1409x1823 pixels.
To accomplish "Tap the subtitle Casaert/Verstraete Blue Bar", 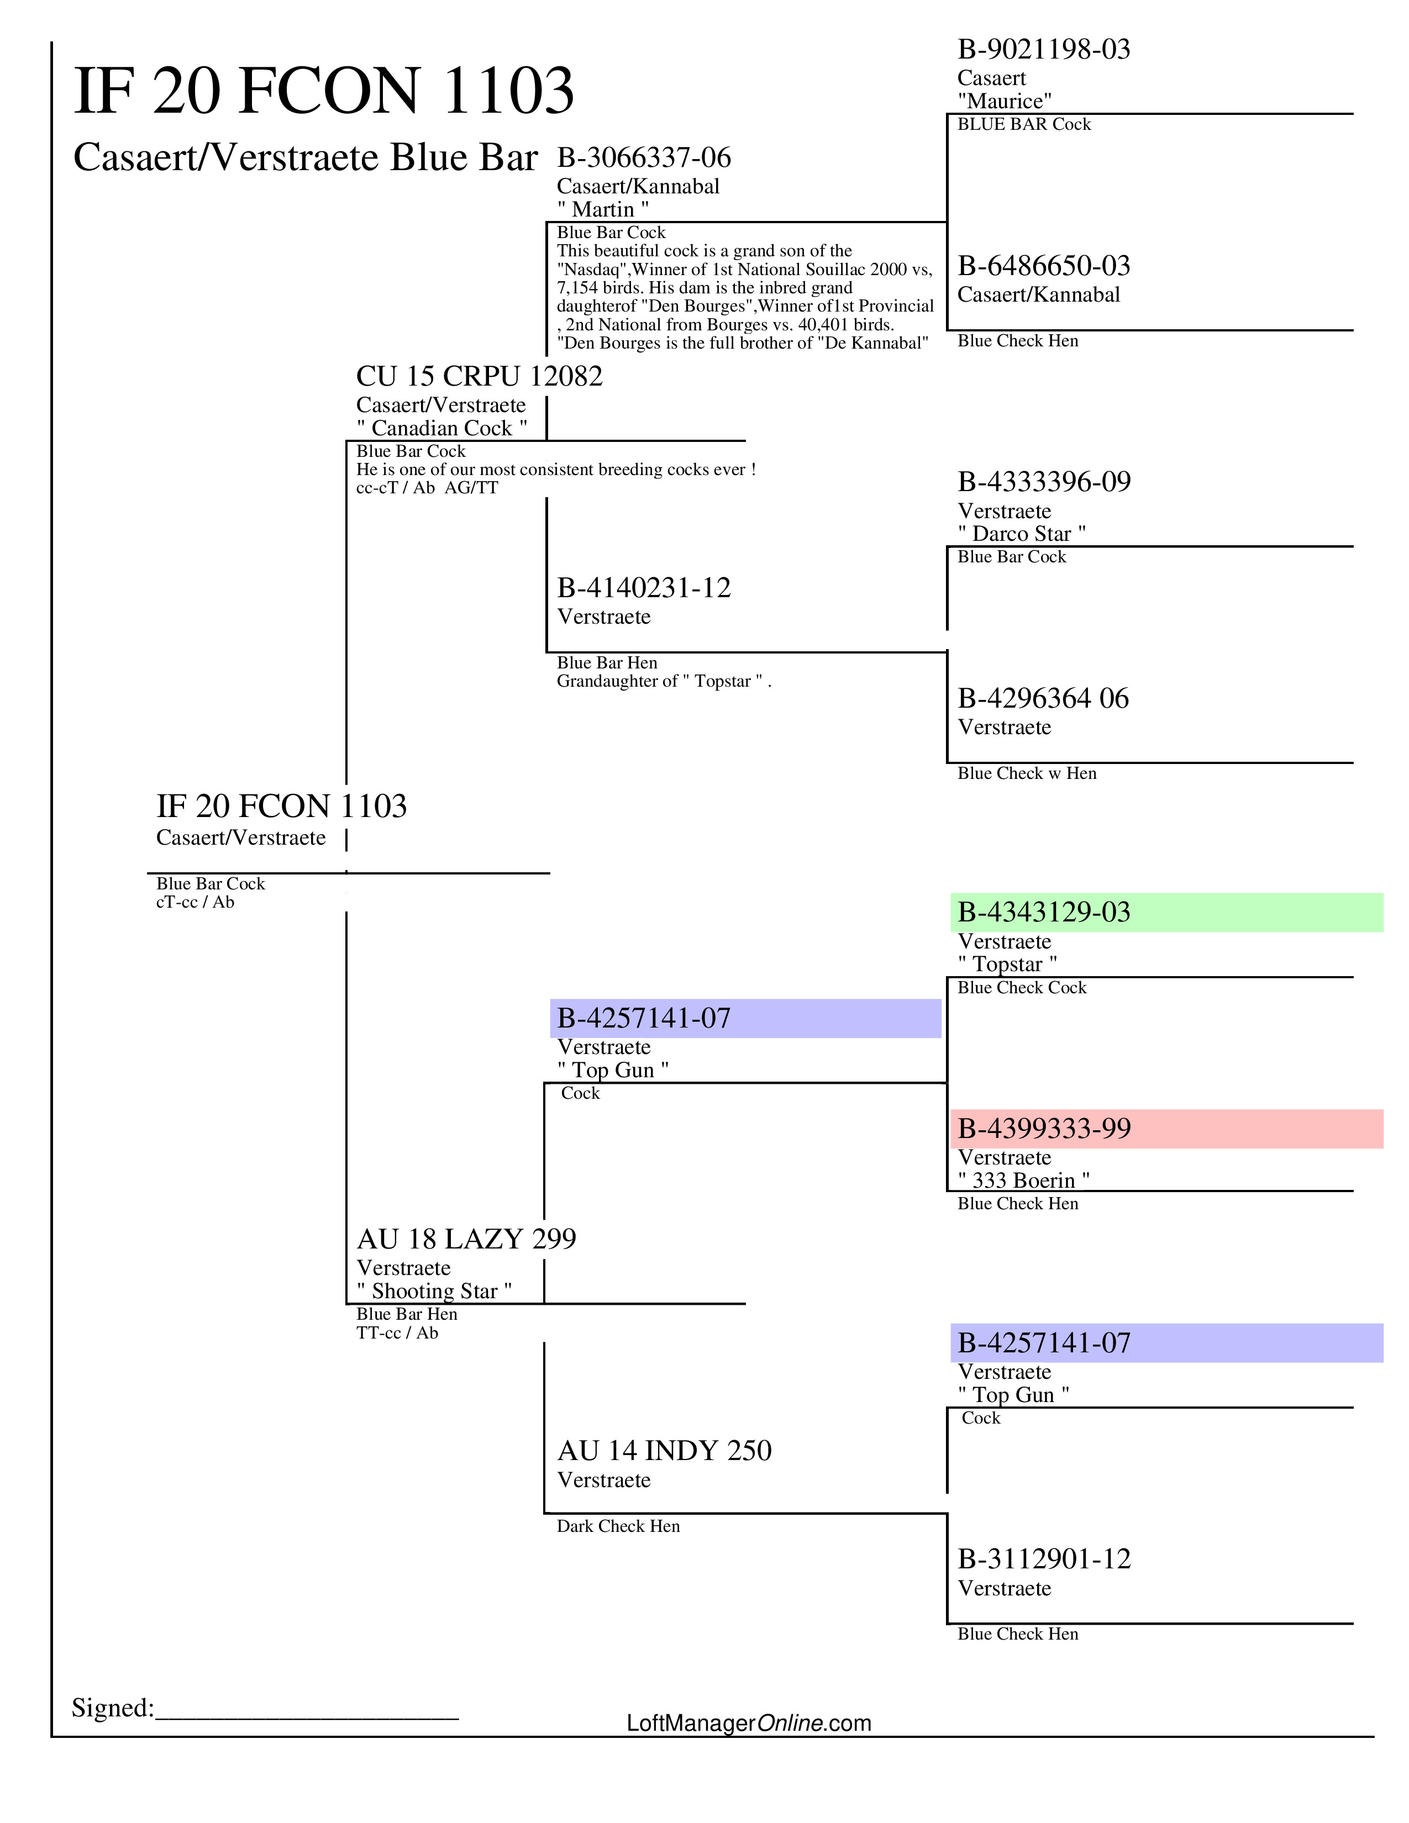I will [304, 158].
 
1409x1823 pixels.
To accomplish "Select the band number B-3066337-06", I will [644, 158].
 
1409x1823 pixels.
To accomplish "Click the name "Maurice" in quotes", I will [1004, 102].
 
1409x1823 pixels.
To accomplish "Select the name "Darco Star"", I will [1022, 534].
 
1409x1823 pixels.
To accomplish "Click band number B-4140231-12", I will [644, 588].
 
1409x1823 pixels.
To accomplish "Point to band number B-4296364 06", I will [1043, 699].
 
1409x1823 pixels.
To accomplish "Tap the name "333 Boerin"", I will [1023, 1181].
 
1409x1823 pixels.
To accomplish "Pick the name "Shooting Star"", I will [434, 1292].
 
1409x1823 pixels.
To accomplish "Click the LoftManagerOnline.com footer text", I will [749, 1723].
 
